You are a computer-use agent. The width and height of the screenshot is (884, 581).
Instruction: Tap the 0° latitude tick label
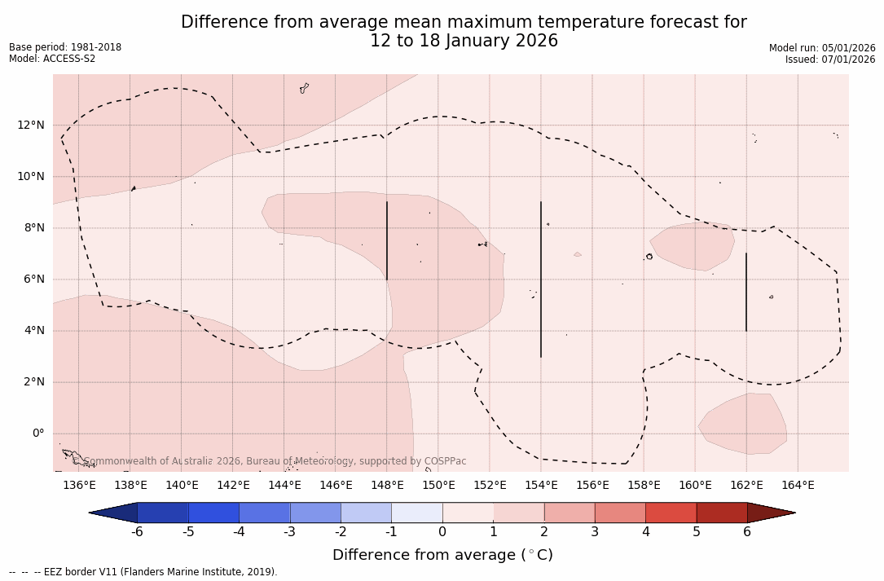(x=38, y=434)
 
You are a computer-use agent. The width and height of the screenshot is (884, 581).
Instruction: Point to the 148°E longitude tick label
(x=387, y=486)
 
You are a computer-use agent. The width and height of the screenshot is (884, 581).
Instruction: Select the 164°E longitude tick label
(x=798, y=486)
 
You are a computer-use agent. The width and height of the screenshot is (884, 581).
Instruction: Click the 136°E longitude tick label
(x=79, y=486)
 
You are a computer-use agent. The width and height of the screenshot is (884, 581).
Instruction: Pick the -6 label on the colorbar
(x=137, y=532)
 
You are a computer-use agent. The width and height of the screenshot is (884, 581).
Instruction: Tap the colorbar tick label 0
(x=442, y=532)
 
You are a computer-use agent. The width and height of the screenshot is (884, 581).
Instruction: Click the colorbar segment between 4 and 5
(x=671, y=513)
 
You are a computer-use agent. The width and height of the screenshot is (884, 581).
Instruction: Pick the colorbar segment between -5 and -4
(x=213, y=513)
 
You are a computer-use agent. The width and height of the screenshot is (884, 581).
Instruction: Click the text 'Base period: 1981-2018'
(x=65, y=47)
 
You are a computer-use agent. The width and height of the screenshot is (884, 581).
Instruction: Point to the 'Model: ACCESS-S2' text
(x=52, y=59)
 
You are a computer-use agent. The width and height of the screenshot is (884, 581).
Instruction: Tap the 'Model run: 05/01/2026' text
(x=822, y=48)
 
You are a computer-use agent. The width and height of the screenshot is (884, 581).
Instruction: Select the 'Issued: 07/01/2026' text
(x=830, y=59)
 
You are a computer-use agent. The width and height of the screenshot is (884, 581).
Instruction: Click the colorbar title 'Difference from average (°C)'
(x=442, y=555)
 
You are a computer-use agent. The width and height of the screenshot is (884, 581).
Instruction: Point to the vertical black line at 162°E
(x=746, y=292)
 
